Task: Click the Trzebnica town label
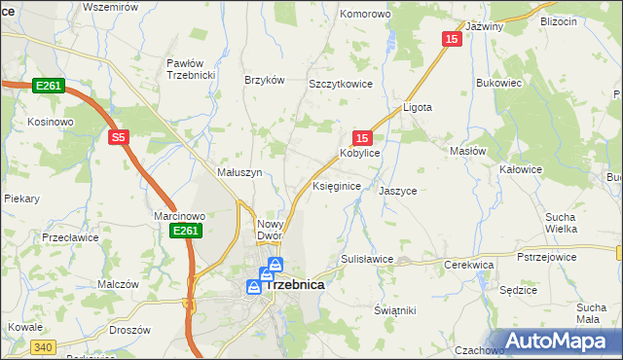click(x=294, y=285)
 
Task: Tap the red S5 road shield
click(x=118, y=138)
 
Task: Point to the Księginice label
click(x=337, y=185)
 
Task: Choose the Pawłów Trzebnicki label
click(x=190, y=70)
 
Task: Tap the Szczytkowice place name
click(x=342, y=85)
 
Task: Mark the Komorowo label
click(x=364, y=15)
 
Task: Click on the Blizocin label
click(x=558, y=20)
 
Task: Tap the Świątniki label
click(x=395, y=309)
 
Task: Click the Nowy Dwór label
click(x=269, y=230)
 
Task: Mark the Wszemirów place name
click(x=107, y=6)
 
